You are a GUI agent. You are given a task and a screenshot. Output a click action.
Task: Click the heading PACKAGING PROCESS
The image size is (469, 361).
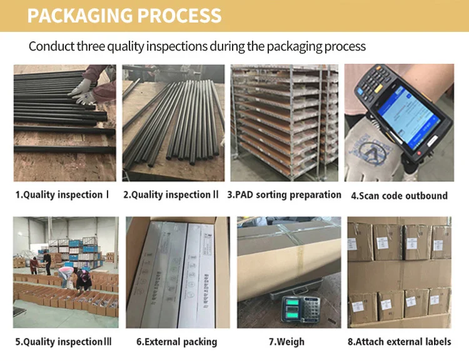(x=124, y=15)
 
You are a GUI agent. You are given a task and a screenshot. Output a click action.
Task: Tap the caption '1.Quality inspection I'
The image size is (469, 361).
(x=62, y=195)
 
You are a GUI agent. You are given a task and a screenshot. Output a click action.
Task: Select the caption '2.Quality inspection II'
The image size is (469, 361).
(x=171, y=195)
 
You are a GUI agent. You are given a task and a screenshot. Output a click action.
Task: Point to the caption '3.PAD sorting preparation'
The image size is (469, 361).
(x=285, y=195)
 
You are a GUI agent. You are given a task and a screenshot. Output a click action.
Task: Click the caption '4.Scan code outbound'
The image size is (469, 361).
(x=399, y=195)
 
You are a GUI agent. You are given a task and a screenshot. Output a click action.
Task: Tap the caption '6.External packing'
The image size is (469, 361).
(x=176, y=342)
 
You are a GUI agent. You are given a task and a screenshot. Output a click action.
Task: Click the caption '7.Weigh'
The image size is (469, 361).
(x=286, y=342)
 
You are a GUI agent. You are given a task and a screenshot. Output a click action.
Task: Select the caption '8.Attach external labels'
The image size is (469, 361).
(x=399, y=342)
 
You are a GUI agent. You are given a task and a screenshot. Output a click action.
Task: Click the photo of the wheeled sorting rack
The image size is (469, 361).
(x=285, y=123)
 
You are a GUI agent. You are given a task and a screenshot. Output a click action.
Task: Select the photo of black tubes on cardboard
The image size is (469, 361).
(x=173, y=123)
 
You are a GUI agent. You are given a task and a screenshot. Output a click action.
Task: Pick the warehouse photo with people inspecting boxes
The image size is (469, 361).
(x=65, y=272)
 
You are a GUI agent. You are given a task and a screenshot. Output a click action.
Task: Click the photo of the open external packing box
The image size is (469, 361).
(x=177, y=272)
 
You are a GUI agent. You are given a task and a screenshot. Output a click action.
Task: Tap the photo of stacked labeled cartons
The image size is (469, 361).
(x=399, y=272)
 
